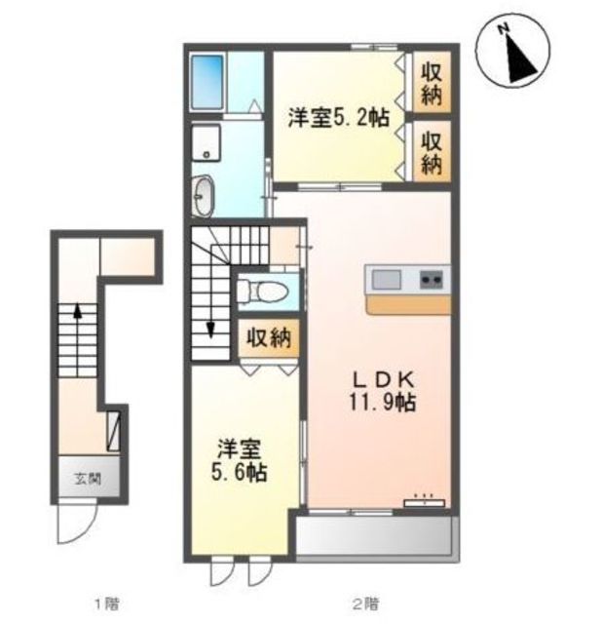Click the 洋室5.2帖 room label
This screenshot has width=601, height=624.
coord(338,117)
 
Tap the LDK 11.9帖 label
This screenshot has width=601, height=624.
coord(383,392)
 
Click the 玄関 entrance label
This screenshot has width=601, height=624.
coord(88,479)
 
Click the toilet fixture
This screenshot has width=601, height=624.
coord(262,292)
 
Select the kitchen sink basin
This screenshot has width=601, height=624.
coord(386,280)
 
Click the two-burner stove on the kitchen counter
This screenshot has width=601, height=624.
coord(432,279)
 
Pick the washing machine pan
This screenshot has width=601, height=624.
coord(206,142)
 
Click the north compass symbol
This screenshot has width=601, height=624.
coord(515,52)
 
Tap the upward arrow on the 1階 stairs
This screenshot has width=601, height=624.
coord(78,312)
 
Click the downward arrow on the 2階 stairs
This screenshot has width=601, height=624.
coord(210,329)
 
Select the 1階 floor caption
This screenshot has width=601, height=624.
coord(107,604)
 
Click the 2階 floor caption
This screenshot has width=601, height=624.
coord(365,604)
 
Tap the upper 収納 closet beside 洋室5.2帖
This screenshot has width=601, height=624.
coord(432,82)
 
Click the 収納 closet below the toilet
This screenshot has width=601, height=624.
coord(269,338)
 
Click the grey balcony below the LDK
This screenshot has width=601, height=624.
coord(374,535)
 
